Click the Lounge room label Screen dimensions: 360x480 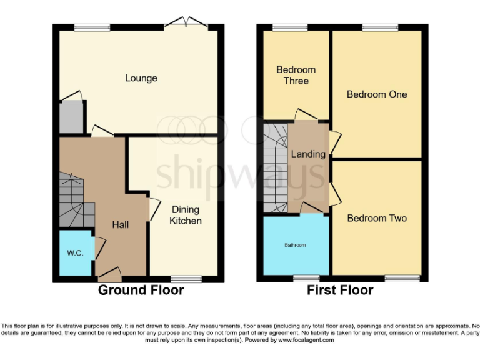coord(141,78)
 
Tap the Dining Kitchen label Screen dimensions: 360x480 coord(185,215)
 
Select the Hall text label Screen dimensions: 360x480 coord(120,224)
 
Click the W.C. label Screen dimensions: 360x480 coord(75,253)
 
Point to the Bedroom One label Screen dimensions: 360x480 coord(377,94)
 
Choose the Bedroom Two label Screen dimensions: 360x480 coord(377,218)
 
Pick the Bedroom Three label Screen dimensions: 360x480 coord(296,75)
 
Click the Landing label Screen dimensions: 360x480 coord(307,154)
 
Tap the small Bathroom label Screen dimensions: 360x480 coord(295,245)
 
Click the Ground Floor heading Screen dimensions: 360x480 coord(141,290)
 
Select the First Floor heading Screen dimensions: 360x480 coord(340,290)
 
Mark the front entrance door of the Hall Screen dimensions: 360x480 coord(110,273)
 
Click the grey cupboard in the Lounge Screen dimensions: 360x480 coord(71,117)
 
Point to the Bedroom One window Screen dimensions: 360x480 coord(376,27)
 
